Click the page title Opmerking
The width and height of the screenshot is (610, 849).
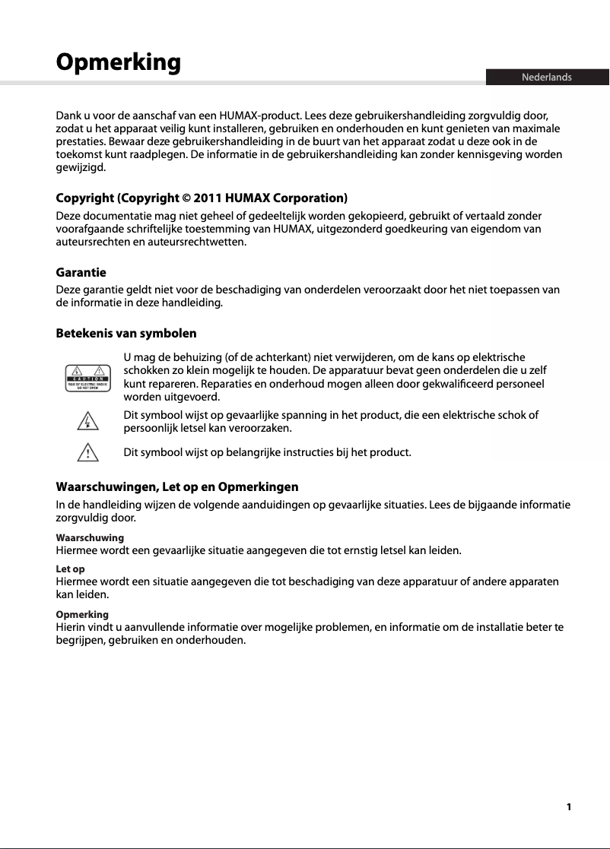coord(119,62)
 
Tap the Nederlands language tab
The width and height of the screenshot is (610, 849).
coord(546,78)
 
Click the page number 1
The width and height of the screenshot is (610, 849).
coord(568,807)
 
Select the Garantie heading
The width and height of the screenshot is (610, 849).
coord(81,272)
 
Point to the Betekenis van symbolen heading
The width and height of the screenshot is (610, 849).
coord(126,333)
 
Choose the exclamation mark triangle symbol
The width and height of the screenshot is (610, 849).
coord(88,454)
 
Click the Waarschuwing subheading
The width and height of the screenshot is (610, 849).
coord(90,537)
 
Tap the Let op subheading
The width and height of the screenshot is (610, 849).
coord(70,569)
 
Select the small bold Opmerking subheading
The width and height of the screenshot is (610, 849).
coord(82,614)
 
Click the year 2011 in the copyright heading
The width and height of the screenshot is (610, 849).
coord(209,198)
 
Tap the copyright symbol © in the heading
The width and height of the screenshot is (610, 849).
coord(186,198)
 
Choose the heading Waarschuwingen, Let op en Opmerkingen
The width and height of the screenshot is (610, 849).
coord(177,486)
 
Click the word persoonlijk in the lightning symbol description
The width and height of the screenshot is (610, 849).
coord(150,428)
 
